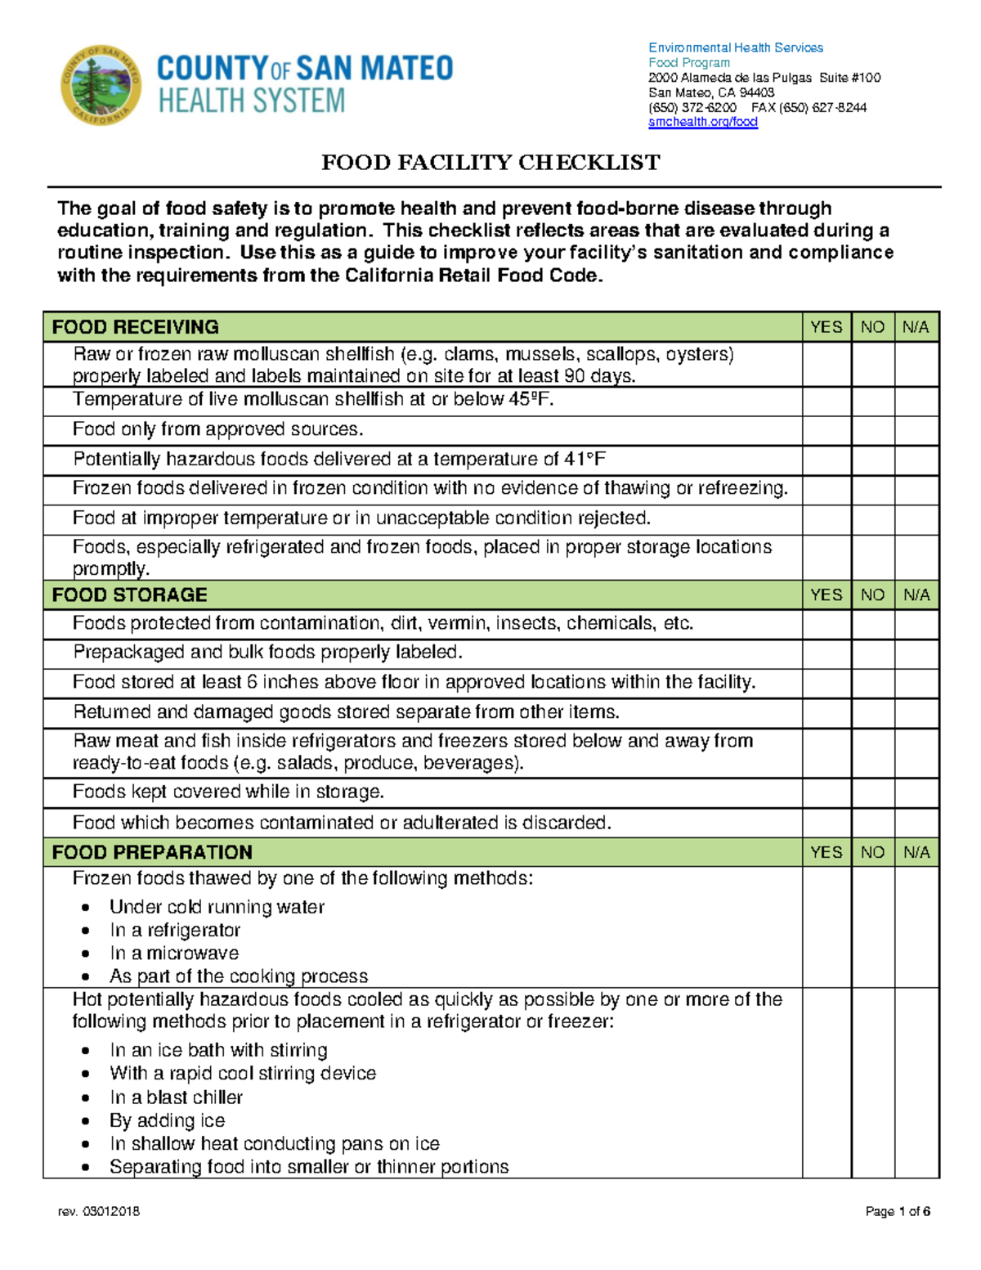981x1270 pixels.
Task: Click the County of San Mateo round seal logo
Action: point(101,85)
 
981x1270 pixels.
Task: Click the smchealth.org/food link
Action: point(703,123)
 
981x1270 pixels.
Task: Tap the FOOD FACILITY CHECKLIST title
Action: point(490,163)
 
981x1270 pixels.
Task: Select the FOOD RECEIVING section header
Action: point(136,327)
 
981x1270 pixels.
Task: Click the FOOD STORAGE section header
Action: point(130,595)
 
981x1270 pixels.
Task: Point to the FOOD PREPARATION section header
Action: point(152,852)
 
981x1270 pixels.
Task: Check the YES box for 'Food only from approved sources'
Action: point(826,431)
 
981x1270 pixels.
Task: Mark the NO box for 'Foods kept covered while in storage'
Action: point(872,793)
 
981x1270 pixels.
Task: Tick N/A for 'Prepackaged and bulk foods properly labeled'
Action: point(916,654)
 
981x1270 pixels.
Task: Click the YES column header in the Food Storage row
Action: point(826,595)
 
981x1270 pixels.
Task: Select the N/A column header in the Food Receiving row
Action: point(916,327)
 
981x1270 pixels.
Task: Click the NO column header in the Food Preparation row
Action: point(872,852)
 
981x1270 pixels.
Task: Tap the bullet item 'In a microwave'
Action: point(174,954)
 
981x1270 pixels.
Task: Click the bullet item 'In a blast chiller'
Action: point(176,1097)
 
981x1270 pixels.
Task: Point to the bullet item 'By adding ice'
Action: point(168,1120)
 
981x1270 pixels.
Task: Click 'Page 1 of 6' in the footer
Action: point(898,1211)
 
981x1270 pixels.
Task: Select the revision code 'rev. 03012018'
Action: point(99,1211)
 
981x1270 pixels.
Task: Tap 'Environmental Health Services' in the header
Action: point(736,48)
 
